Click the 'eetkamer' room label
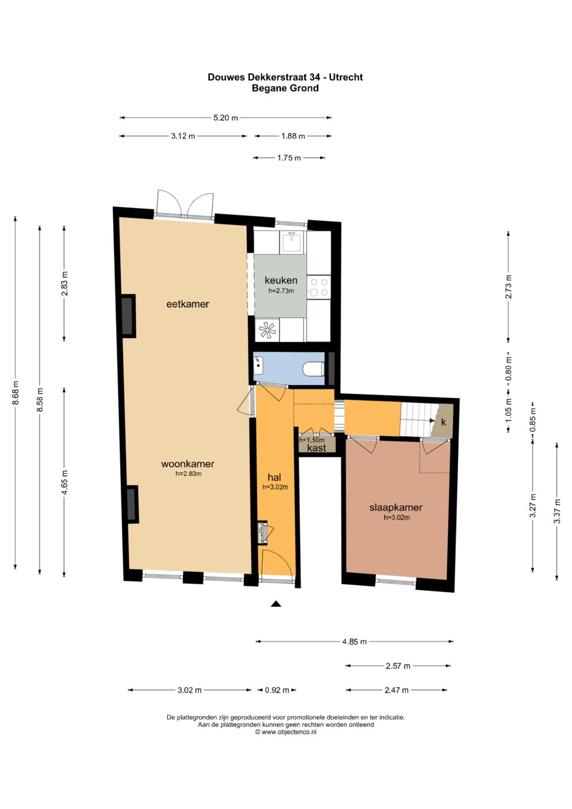click(x=187, y=304)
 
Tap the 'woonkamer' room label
click(x=187, y=464)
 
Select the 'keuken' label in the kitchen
click(x=281, y=280)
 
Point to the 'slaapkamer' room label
click(x=396, y=508)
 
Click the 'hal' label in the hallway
click(x=274, y=478)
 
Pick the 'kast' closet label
click(x=317, y=448)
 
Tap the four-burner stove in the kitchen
click(x=319, y=287)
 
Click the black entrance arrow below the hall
click(x=275, y=603)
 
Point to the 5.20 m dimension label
click(x=225, y=118)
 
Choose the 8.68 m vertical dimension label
click(x=15, y=393)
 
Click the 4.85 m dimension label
click(x=354, y=642)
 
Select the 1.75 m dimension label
click(x=289, y=158)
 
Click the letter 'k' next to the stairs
click(x=443, y=422)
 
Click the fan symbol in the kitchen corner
click(x=267, y=331)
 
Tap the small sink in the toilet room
click(x=259, y=364)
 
